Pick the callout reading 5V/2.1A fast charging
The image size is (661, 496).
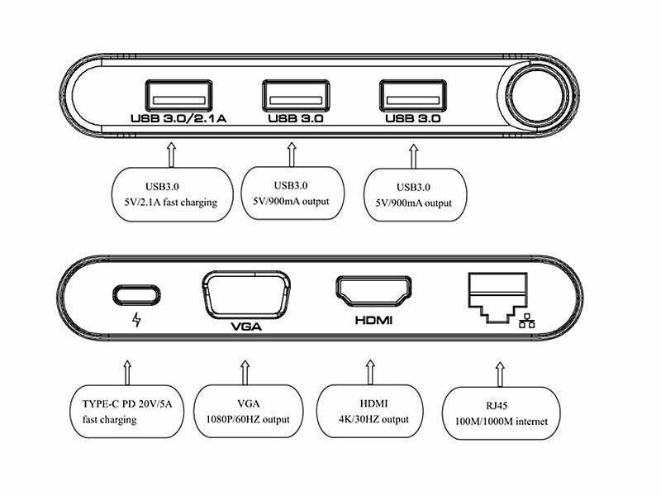[x=172, y=194]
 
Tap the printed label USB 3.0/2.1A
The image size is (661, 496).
[x=178, y=119]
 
